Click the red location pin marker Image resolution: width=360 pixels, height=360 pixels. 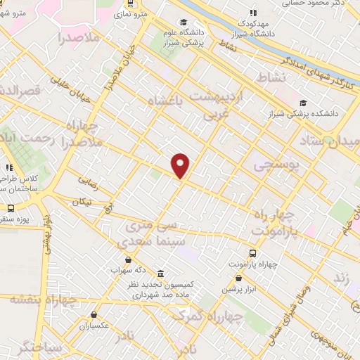[x=181, y=165]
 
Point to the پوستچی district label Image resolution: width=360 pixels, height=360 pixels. [x=274, y=165]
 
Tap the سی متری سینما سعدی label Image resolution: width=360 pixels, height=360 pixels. [x=155, y=234]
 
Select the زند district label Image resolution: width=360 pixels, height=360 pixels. [x=342, y=278]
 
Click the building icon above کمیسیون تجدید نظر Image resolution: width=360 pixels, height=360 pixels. [x=161, y=273]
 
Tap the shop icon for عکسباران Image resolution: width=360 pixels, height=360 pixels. [x=93, y=314]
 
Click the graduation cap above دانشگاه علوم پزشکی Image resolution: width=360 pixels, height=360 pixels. [x=184, y=22]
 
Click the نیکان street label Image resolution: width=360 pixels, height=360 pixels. [x=81, y=202]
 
